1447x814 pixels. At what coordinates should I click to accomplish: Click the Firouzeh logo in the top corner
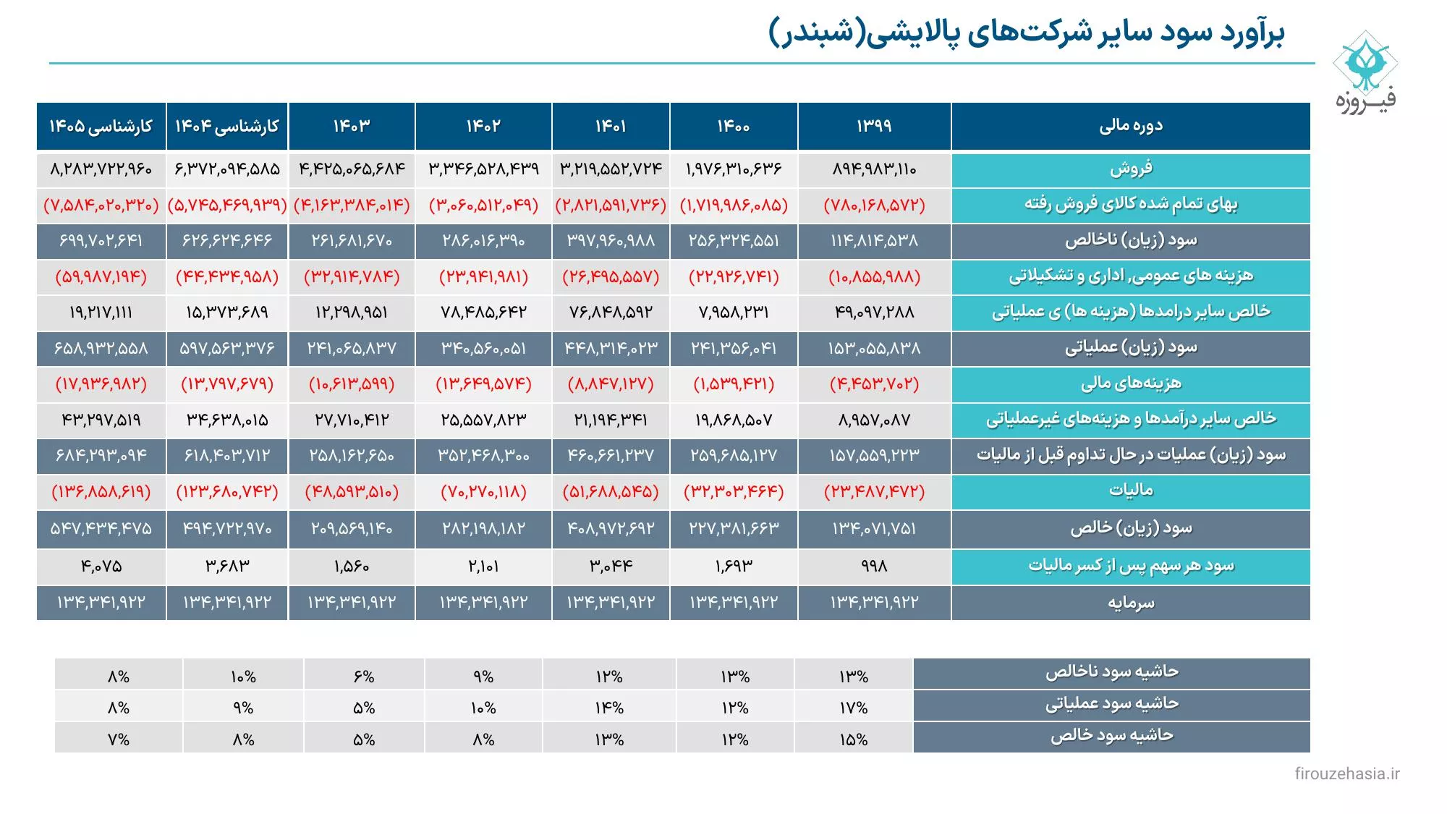(1365, 71)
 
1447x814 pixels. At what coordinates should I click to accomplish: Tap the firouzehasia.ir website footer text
(1346, 773)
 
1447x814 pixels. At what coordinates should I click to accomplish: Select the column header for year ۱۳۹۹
(874, 126)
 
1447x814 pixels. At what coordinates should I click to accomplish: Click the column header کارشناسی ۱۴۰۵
(101, 126)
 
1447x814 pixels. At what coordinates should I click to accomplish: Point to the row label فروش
(1131, 169)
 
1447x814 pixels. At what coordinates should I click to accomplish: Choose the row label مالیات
(1131, 491)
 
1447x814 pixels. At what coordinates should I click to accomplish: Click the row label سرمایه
(1131, 602)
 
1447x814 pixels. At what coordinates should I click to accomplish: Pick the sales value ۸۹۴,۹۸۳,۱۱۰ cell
(874, 169)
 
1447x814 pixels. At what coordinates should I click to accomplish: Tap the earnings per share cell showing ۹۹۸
(874, 566)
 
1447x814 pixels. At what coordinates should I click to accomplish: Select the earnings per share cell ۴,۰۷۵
(101, 566)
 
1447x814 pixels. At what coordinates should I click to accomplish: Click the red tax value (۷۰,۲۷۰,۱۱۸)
(483, 492)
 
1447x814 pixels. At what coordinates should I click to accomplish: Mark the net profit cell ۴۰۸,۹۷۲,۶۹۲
(611, 528)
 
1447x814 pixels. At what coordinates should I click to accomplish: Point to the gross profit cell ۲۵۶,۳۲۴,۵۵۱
(734, 240)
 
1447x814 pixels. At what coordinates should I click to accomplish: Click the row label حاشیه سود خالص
(1111, 736)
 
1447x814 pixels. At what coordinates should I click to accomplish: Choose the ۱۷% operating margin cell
(854, 708)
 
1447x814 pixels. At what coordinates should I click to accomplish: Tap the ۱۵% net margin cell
(854, 739)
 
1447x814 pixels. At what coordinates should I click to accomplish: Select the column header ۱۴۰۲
(483, 126)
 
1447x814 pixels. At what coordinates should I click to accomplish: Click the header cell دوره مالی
(1131, 126)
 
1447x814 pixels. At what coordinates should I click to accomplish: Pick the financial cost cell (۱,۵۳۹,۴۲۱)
(734, 384)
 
